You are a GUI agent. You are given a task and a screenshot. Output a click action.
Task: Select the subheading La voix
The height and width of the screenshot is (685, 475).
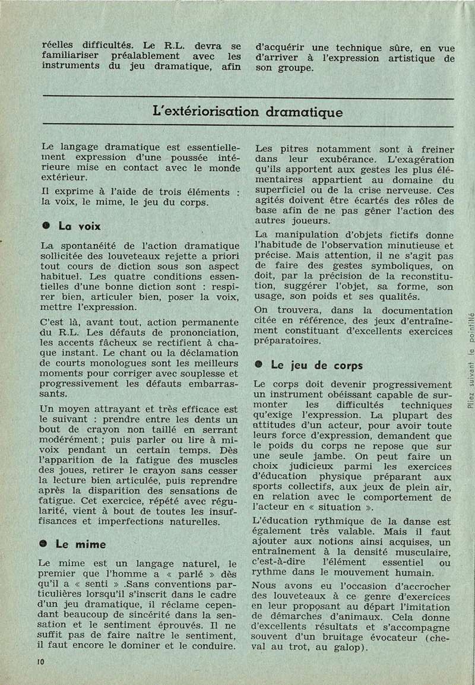(80, 226)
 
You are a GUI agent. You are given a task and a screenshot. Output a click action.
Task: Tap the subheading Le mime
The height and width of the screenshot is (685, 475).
(81, 544)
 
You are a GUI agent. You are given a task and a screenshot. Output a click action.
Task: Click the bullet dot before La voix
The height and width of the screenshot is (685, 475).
(45, 226)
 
